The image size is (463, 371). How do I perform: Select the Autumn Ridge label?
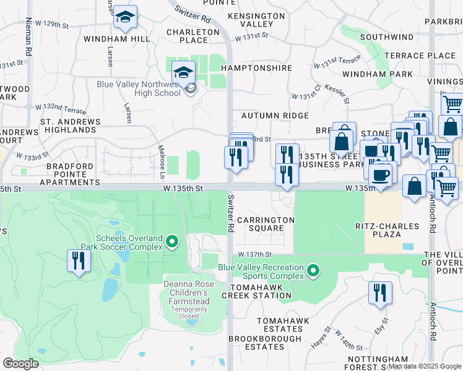point(275,116)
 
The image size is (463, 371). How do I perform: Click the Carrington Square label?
point(266,224)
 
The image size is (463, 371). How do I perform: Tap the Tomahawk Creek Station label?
point(260,292)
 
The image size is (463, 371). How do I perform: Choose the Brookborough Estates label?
point(264,343)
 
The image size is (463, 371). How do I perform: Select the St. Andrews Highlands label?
point(68,126)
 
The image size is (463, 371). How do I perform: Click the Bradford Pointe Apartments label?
point(69,174)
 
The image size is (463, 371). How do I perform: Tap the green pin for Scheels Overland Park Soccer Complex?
point(173,241)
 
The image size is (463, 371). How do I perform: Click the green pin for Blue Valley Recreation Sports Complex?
point(314,270)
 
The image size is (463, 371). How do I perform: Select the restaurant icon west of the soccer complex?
point(79,261)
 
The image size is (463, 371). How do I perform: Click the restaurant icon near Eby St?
point(380,293)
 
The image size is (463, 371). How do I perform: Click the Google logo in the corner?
point(20,364)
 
